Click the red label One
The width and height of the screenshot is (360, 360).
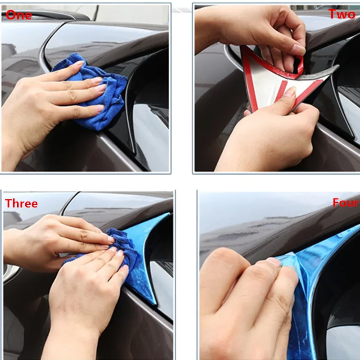tap(19, 15)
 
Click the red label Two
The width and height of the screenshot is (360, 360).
tap(342, 14)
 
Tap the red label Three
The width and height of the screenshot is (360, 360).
tap(21, 203)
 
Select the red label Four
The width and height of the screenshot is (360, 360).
tap(346, 203)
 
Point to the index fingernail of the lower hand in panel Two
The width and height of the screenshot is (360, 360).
tap(290, 91)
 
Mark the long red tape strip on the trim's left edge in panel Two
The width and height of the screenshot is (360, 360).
tap(250, 81)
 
